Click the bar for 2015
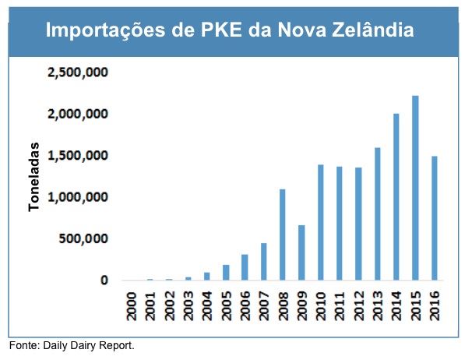416,188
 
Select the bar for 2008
282,235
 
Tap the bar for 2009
301,252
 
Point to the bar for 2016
435,217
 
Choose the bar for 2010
320,222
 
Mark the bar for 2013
378,214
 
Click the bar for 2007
263,261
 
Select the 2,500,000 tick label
77,73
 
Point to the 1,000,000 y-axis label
77,197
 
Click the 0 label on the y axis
103,281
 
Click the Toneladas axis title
34,176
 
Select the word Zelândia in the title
369,32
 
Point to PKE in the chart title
221,32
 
